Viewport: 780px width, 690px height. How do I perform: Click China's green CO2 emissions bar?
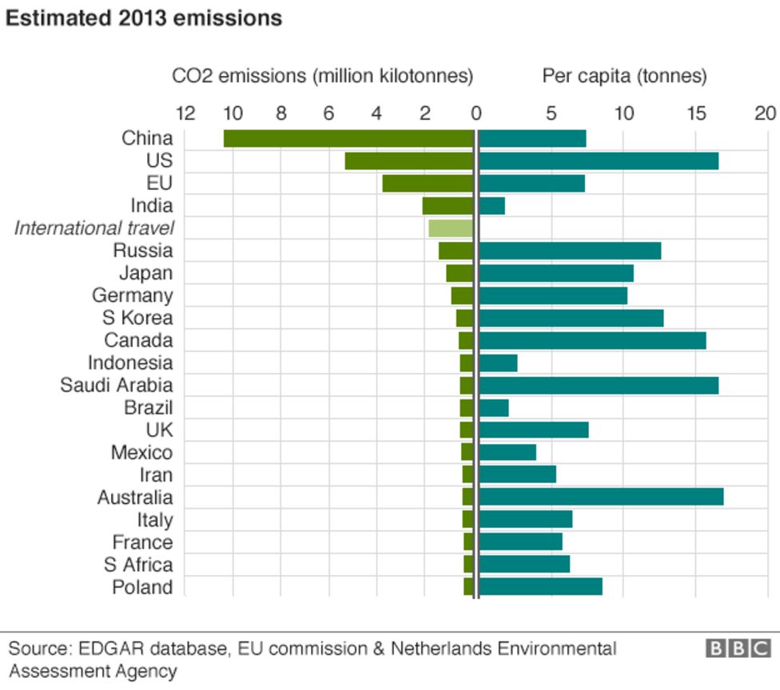coord(348,138)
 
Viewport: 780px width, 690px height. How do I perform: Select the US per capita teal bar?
coord(598,161)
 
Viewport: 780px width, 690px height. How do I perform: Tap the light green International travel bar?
coord(451,228)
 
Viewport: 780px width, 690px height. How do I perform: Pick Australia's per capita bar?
coord(600,498)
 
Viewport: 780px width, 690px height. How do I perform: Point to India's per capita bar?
coord(491,206)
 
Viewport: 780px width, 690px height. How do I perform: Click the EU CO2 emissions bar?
coord(428,183)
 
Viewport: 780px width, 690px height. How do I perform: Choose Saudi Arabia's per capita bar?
coord(598,386)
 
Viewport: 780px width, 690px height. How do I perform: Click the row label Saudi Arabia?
coord(116,386)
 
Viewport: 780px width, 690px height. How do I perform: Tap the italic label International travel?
coord(94,228)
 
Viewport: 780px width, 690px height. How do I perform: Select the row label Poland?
coord(141,588)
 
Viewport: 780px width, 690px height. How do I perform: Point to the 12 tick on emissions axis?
coord(185,113)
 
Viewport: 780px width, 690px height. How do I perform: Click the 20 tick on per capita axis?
coord(766,113)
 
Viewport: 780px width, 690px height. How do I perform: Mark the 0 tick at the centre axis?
coord(476,113)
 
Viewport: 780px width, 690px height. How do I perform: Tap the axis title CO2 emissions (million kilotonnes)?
coord(323,77)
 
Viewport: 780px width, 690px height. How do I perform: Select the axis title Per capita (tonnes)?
coord(624,77)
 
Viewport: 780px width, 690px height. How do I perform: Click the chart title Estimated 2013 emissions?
coord(144,18)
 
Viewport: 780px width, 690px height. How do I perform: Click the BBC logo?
coord(738,648)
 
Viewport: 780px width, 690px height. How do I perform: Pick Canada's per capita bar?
coord(592,341)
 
